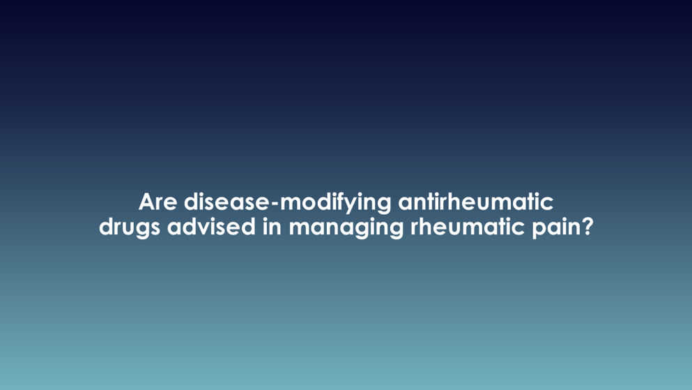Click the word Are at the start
[x=157, y=202]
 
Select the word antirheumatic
[x=476, y=202]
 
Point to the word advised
[x=211, y=227]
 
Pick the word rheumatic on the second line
[x=468, y=227]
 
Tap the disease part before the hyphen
[x=226, y=202]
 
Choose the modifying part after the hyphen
[x=336, y=203]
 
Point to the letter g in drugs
[x=144, y=230]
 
